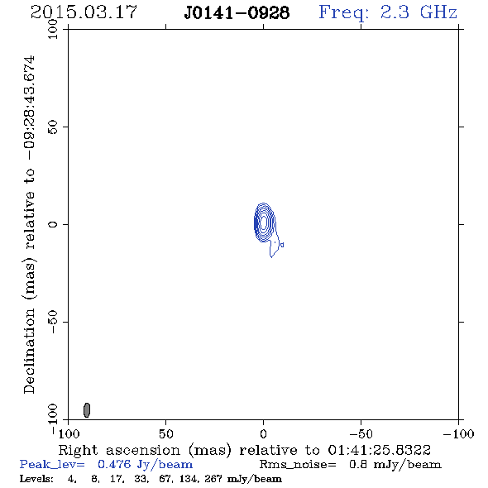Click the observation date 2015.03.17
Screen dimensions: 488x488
pyautogui.click(x=84, y=12)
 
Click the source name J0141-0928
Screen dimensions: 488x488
pyautogui.click(x=237, y=13)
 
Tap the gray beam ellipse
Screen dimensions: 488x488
pyautogui.click(x=87, y=410)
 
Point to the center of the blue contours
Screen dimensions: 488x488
pyautogui.click(x=264, y=222)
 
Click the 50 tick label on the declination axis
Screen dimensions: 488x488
pyautogui.click(x=53, y=127)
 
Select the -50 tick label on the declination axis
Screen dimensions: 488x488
pyautogui.click(x=53, y=322)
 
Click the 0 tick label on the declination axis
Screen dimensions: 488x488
pyautogui.click(x=53, y=224)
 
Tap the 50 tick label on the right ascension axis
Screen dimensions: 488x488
pyautogui.click(x=165, y=433)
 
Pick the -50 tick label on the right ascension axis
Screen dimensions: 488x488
pyautogui.click(x=361, y=433)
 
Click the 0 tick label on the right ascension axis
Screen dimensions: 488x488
pyautogui.click(x=263, y=433)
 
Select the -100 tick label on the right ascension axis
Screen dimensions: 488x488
pyautogui.click(x=458, y=433)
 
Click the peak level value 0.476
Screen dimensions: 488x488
pyautogui.click(x=114, y=464)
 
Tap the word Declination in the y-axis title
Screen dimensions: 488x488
pyautogui.click(x=29, y=351)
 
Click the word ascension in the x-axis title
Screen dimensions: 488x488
pyautogui.click(x=143, y=450)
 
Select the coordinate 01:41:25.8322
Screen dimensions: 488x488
pyautogui.click(x=380, y=450)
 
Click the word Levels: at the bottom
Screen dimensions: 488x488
pyautogui.click(x=36, y=478)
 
